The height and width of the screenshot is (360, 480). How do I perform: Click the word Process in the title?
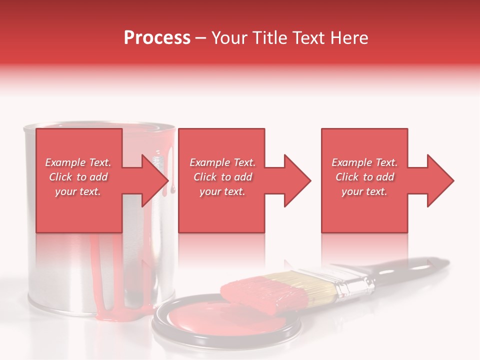[157, 38]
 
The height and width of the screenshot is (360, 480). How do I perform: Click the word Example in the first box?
[64, 162]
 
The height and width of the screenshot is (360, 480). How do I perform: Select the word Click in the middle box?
[204, 177]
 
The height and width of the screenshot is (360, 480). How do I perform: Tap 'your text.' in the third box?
[364, 191]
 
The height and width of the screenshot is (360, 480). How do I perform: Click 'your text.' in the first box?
[78, 191]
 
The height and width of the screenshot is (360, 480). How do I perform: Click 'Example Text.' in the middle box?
[222, 162]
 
